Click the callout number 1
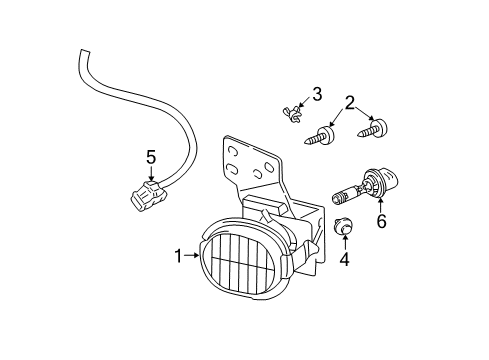tap(178, 256)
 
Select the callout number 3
tap(316, 94)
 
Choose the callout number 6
tap(380, 222)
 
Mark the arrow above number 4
tap(345, 243)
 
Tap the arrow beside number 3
tap(304, 99)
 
